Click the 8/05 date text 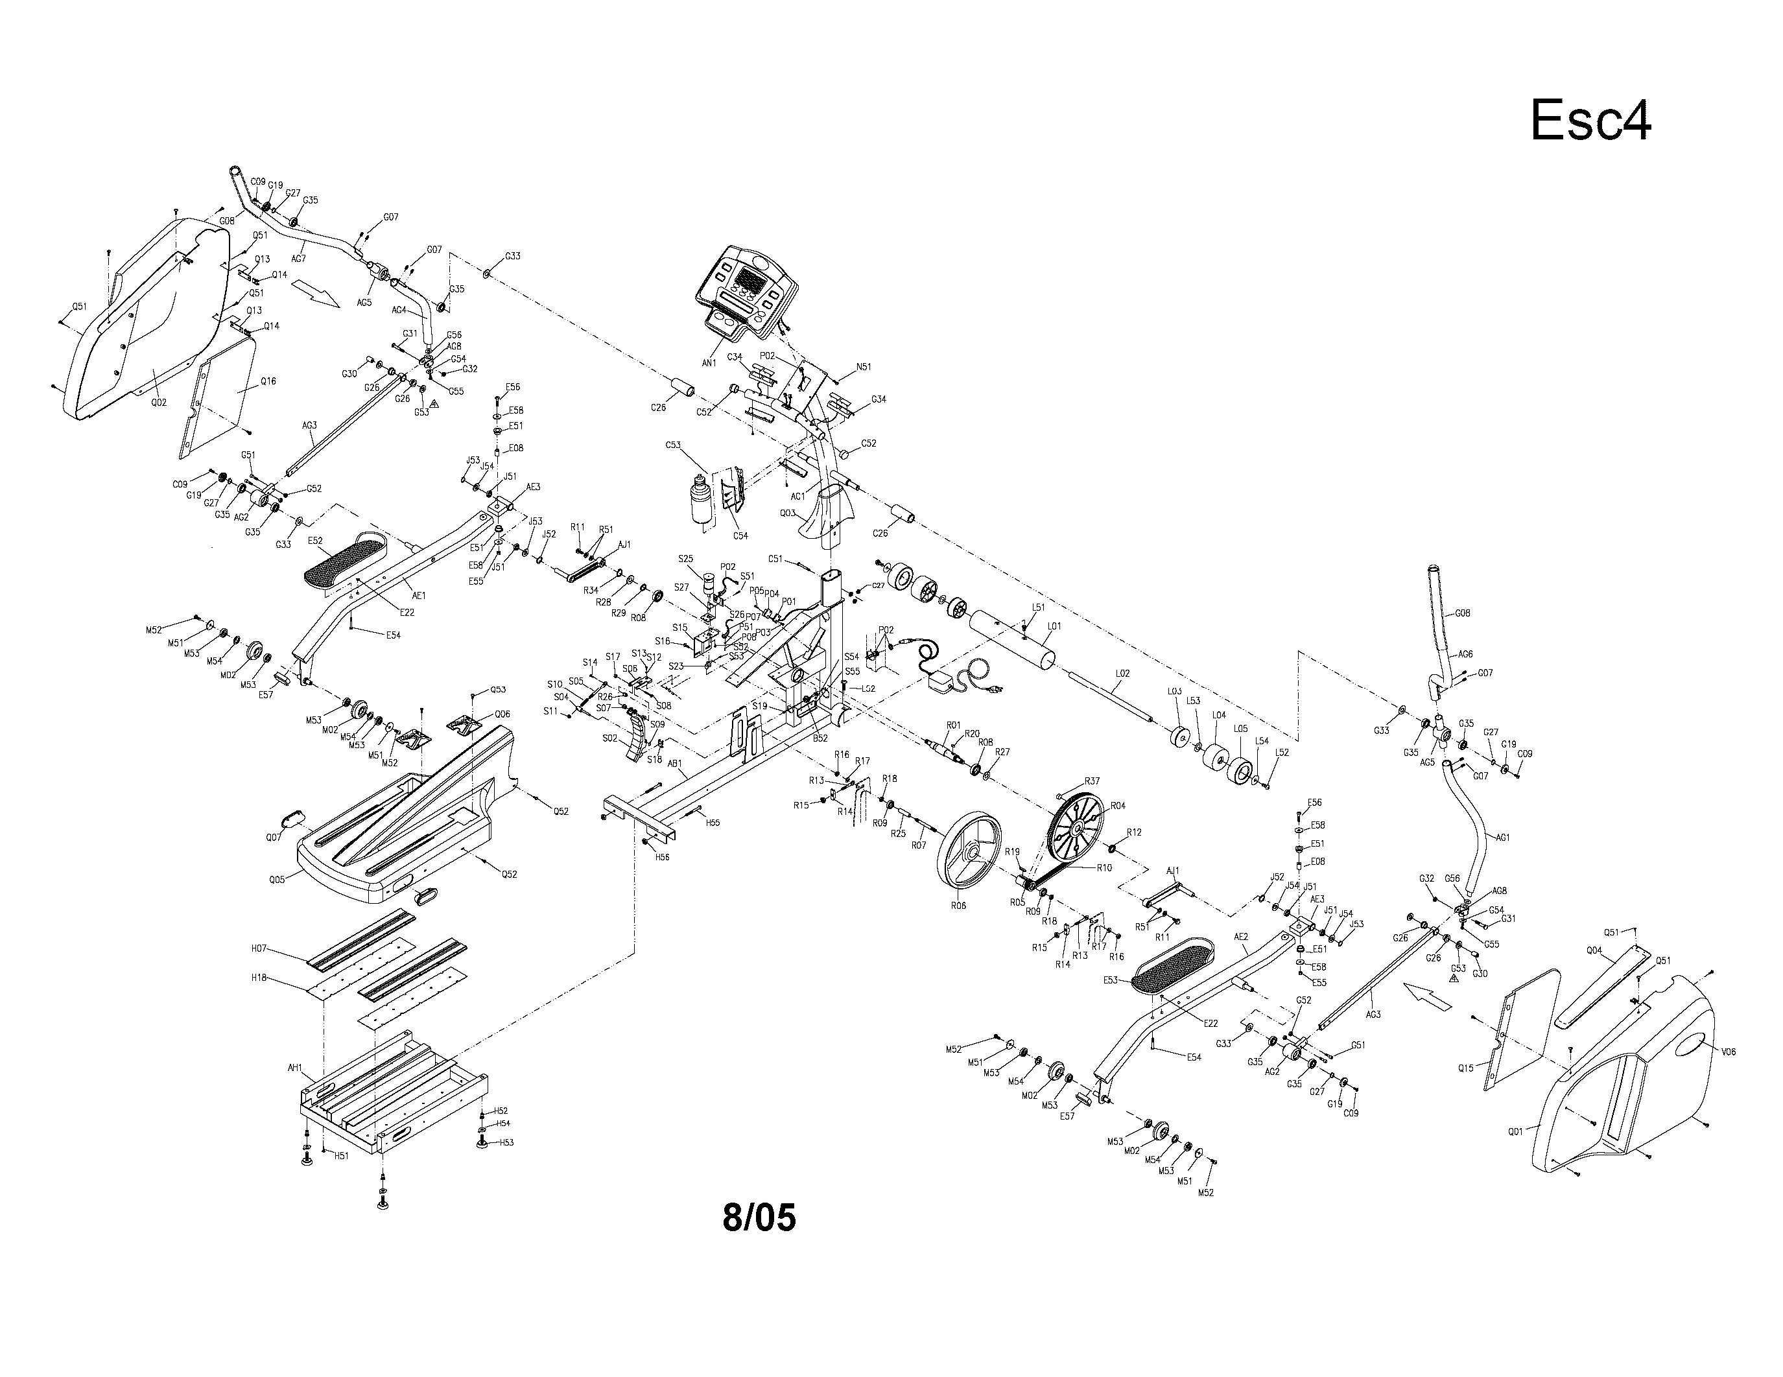759,1217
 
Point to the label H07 259,948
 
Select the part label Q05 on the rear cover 277,880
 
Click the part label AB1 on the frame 675,764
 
